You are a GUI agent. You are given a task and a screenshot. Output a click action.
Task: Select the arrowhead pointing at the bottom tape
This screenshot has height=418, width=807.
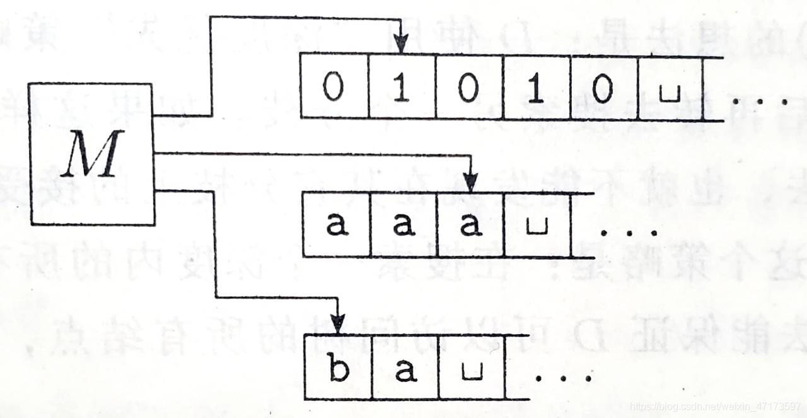pos(338,323)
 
